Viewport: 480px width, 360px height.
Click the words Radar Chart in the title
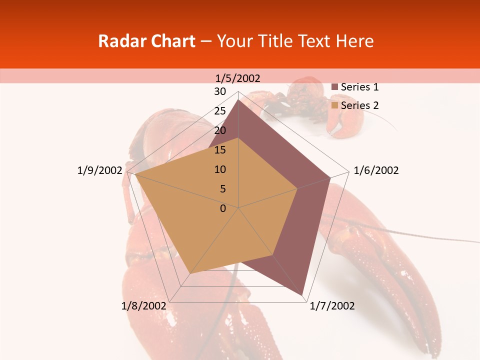tap(146, 41)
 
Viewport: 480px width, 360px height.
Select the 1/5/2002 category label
tap(238, 78)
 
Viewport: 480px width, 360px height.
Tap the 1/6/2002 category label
tap(376, 170)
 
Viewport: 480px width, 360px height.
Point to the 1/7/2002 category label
tap(332, 306)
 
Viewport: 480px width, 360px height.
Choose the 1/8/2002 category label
tap(144, 306)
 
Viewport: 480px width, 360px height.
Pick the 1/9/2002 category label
tap(100, 170)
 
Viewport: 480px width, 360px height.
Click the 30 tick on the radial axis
tap(220, 91)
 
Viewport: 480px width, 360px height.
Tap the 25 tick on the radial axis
tap(220, 111)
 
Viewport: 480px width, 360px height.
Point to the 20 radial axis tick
tap(220, 130)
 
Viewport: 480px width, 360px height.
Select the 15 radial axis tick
tap(220, 150)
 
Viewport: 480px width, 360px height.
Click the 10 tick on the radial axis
tap(220, 169)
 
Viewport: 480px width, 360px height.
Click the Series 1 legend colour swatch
tap(335, 87)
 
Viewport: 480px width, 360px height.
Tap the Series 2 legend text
tap(359, 105)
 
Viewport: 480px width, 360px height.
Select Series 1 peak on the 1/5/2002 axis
tap(238, 99)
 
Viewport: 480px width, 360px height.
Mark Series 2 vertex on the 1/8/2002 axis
tap(190, 273)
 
